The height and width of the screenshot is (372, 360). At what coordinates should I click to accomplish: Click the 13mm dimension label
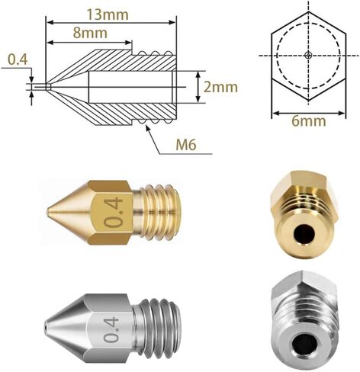coord(108,14)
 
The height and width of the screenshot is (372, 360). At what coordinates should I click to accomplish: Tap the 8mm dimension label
coord(90,33)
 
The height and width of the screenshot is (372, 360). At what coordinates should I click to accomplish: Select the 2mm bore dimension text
coord(220,87)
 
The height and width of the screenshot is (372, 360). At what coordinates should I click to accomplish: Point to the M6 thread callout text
coord(186,146)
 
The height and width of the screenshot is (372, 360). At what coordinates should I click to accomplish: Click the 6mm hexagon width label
coord(309,121)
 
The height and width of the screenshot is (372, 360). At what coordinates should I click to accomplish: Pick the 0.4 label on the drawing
coord(18,59)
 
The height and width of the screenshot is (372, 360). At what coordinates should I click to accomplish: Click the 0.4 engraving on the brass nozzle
coord(113,213)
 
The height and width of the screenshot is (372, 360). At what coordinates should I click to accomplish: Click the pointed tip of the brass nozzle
coord(47,211)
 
